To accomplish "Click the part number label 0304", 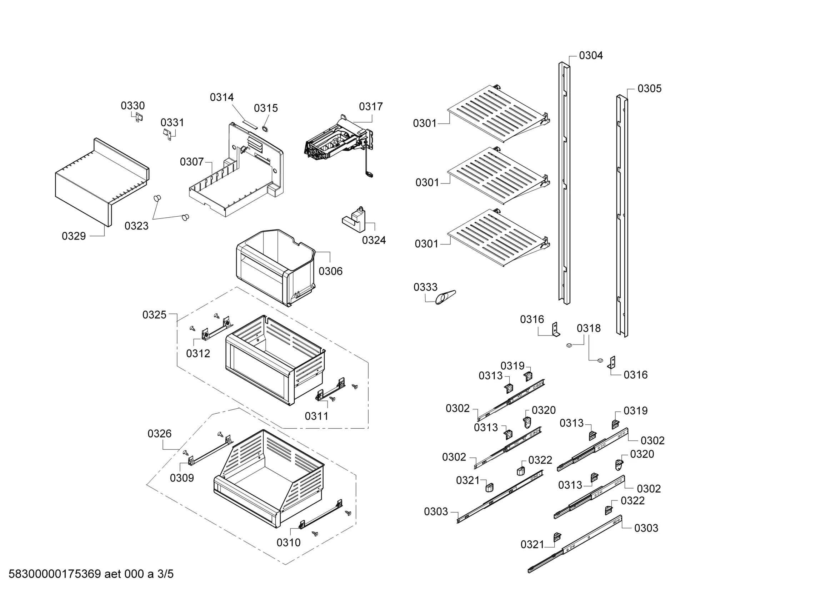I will point(591,56).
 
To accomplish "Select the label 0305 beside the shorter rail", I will point(649,89).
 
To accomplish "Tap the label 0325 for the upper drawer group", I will point(154,315).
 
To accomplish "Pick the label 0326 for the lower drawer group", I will point(159,434).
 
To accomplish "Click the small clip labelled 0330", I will point(139,117).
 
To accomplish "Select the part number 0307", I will point(192,162).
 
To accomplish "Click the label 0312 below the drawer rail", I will point(198,353).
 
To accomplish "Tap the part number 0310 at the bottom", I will point(289,543).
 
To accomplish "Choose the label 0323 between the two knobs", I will point(136,226).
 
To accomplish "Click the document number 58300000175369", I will point(55,574).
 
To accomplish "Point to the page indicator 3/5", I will point(165,574).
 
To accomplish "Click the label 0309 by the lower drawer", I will point(182,478).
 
